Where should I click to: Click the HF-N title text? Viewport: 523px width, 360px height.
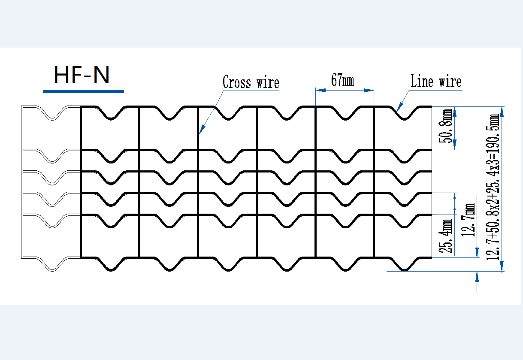[82, 75]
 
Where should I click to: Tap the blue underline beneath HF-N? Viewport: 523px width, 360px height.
[83, 91]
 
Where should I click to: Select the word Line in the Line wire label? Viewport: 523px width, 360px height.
[422, 81]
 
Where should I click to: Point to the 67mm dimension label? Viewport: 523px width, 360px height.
[342, 80]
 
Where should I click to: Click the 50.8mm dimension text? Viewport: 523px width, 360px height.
[445, 126]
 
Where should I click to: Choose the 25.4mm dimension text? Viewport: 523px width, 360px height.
[445, 236]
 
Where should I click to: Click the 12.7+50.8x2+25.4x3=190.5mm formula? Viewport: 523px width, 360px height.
[493, 187]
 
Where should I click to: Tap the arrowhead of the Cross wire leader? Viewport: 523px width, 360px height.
[202, 130]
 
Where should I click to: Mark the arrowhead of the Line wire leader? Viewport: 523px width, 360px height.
[399, 107]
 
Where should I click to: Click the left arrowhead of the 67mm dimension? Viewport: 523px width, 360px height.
[320, 90]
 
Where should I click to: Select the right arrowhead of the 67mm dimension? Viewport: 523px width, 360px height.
[369, 90]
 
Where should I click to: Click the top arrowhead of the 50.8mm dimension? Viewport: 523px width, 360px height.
[455, 112]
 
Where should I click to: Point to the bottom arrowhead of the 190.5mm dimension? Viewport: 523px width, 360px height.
[502, 266]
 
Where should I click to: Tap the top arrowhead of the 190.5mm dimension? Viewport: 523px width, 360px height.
[502, 112]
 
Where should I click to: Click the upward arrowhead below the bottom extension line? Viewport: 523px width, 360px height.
[477, 277]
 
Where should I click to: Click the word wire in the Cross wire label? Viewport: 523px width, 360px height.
[268, 82]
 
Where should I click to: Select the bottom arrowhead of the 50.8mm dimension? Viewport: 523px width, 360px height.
[455, 145]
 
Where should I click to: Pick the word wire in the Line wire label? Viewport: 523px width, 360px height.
[450, 81]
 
